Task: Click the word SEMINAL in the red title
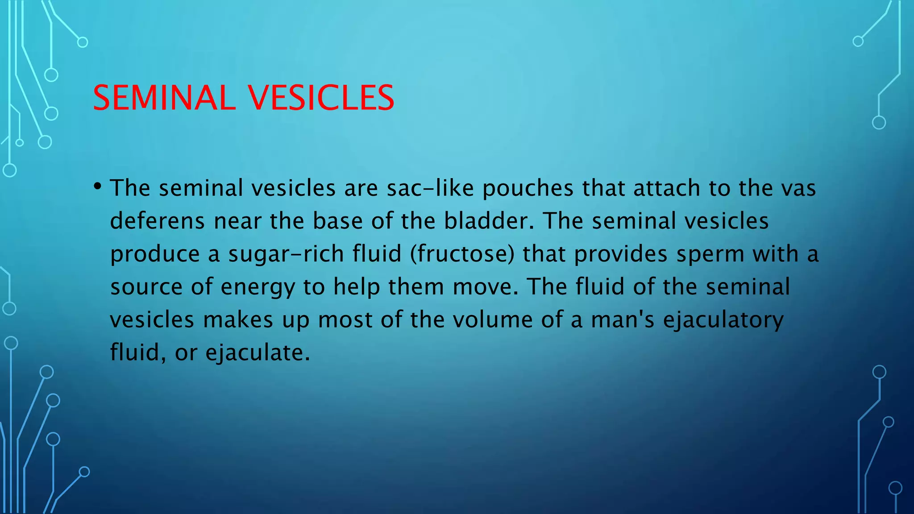point(164,98)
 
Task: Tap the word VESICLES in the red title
point(321,98)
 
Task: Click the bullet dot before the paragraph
point(98,186)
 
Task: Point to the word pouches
point(528,188)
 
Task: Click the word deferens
point(157,221)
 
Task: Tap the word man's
point(623,320)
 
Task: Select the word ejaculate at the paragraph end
point(257,353)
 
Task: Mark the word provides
point(621,254)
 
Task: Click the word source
point(146,287)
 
